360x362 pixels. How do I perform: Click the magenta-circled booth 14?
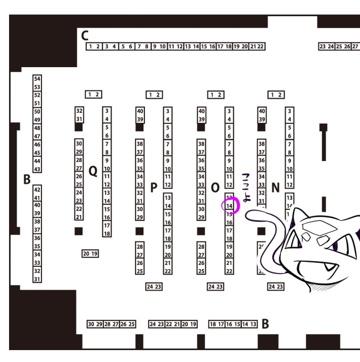(229, 206)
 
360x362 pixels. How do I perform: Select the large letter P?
(154, 188)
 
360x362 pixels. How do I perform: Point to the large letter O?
(215, 188)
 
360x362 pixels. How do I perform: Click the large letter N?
(275, 188)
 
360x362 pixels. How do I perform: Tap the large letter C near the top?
(85, 35)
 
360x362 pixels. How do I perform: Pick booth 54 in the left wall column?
(37, 79)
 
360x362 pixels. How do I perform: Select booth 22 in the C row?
(260, 46)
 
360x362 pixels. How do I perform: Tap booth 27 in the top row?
(354, 46)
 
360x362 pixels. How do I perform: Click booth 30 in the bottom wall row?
(91, 324)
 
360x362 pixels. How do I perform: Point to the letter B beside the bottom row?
(265, 324)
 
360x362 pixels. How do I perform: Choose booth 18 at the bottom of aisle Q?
(107, 233)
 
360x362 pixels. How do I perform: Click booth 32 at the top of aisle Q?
(79, 111)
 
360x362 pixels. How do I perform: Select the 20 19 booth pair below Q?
(90, 254)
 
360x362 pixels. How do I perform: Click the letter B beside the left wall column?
(27, 180)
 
